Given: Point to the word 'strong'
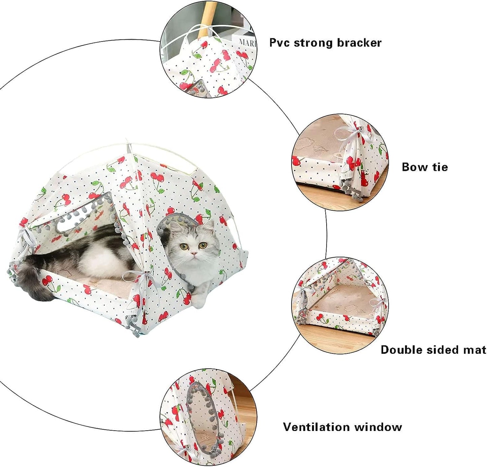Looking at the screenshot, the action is (x=313, y=43).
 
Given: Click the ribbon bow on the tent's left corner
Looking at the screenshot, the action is (x=28, y=238).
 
